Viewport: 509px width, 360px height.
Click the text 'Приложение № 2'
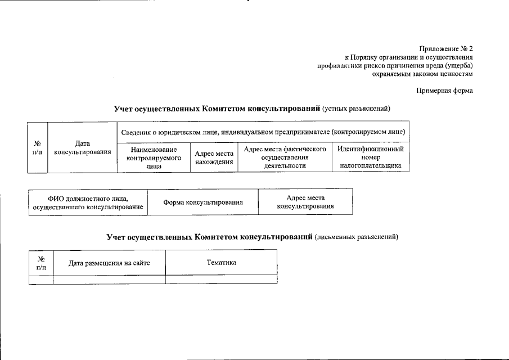pos(446,48)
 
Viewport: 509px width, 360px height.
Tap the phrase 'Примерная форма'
pos(444,91)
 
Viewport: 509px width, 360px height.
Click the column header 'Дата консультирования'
pos(82,148)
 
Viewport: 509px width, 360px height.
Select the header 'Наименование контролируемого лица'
pos(154,157)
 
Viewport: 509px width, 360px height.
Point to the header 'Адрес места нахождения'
pos(214,157)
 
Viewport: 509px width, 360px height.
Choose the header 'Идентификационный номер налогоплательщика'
pos(370,157)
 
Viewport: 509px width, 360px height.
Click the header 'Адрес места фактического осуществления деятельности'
pos(285,157)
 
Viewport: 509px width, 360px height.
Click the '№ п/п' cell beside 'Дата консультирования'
pos(38,148)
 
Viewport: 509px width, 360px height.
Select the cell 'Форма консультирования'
pos(202,202)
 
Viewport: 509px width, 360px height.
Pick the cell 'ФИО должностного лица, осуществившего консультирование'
pos(88,202)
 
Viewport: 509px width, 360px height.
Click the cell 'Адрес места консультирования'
pos(305,202)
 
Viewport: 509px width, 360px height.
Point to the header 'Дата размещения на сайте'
pos(109,263)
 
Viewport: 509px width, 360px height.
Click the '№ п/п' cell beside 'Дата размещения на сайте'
pos(41,263)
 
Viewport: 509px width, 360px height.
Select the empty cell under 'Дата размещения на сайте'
pos(109,279)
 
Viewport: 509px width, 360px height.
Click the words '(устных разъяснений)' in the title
pos(355,108)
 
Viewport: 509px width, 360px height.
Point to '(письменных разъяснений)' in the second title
pos(356,237)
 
